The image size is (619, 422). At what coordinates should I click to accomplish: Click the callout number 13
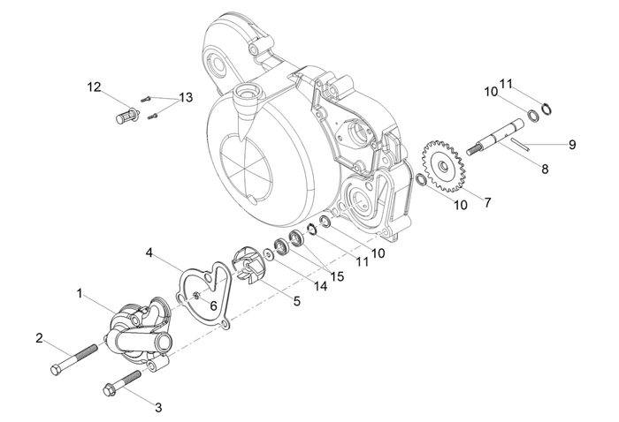(185, 97)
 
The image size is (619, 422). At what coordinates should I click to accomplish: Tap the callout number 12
(94, 87)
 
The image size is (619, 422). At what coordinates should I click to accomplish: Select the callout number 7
(487, 202)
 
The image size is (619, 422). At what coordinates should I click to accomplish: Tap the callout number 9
(572, 144)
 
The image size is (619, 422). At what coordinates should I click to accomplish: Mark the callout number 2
(39, 338)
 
